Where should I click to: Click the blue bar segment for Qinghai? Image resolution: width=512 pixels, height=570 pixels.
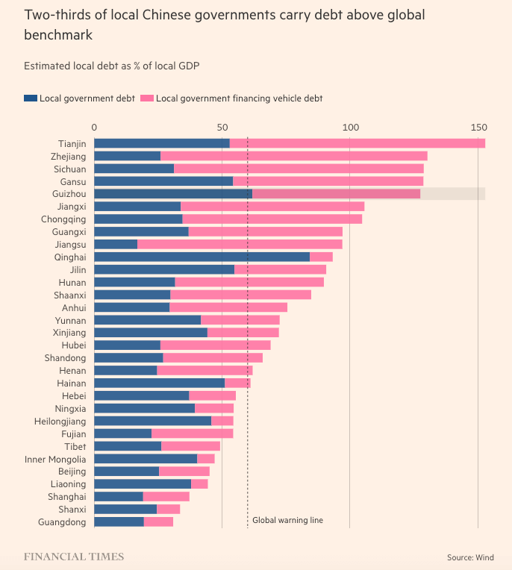click(x=202, y=257)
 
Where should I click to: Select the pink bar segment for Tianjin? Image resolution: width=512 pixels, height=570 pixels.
click(x=357, y=143)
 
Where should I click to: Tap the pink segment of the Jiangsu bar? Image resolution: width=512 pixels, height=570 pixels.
click(x=240, y=245)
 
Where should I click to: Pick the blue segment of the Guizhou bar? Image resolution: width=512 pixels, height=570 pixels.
click(x=172, y=194)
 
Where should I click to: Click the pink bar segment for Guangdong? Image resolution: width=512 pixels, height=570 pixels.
click(x=158, y=522)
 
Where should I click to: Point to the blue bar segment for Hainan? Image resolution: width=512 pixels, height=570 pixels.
click(x=159, y=383)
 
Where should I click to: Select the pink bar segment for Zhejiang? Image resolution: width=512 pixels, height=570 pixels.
click(x=293, y=156)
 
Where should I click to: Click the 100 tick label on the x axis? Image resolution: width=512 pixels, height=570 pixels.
click(x=350, y=127)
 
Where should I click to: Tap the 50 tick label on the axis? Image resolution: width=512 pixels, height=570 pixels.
click(x=222, y=127)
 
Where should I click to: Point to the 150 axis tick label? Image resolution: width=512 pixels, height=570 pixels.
click(x=478, y=127)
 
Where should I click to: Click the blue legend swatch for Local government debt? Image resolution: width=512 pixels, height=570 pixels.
click(x=30, y=98)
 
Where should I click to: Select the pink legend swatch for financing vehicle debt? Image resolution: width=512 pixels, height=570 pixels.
click(x=146, y=98)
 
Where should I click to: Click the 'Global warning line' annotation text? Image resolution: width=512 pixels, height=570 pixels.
click(x=287, y=520)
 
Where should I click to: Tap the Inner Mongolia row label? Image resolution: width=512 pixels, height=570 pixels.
click(x=55, y=460)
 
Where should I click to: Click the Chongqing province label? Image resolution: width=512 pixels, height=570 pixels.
click(x=63, y=219)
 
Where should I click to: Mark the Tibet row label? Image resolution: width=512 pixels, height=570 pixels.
click(x=75, y=447)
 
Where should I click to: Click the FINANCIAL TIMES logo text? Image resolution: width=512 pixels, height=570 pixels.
click(x=74, y=557)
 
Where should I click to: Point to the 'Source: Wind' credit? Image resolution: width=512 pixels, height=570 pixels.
click(x=470, y=557)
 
